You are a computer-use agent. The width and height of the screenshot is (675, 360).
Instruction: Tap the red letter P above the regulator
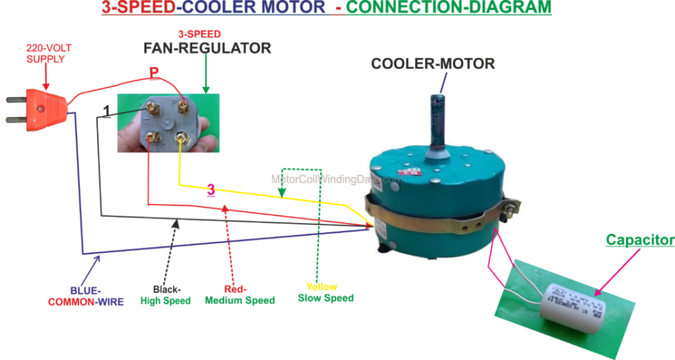tap(154, 73)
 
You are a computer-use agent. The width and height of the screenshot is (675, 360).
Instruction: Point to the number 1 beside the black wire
tap(107, 110)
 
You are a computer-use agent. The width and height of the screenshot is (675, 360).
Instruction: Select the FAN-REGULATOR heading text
tap(206, 49)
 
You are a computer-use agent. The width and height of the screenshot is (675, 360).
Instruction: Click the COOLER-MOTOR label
tap(433, 64)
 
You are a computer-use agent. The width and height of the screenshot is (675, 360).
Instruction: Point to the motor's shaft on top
tap(440, 119)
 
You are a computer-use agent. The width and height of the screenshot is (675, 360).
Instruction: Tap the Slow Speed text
tap(326, 298)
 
